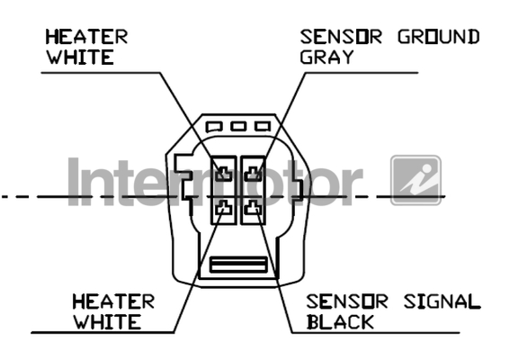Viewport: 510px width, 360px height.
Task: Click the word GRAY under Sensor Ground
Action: tap(327, 57)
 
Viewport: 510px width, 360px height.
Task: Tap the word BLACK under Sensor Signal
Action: tap(340, 322)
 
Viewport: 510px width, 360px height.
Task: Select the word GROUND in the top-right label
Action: tap(438, 37)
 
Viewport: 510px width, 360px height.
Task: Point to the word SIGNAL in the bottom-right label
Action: tap(442, 301)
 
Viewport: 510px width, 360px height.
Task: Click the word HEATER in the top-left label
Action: tap(86, 37)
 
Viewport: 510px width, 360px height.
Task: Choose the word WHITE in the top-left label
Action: tap(80, 57)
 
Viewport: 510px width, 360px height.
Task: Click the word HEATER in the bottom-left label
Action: tap(113, 301)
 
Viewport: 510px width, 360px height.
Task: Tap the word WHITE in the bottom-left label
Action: tap(107, 322)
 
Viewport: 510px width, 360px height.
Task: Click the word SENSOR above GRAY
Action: tap(341, 37)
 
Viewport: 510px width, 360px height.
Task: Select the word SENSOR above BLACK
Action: tap(347, 301)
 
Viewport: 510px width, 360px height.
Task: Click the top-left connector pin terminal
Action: tap(224, 174)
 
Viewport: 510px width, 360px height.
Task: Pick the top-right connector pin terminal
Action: tap(253, 174)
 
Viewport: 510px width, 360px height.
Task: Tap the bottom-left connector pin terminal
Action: tap(224, 208)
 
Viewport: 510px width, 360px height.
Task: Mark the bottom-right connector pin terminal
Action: tap(253, 208)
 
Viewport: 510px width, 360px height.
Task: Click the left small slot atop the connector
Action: tap(214, 127)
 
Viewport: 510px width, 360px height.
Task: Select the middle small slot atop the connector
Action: tap(238, 126)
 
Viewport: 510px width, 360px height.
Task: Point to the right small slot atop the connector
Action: tap(263, 126)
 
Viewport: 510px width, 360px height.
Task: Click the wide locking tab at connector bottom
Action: tap(238, 265)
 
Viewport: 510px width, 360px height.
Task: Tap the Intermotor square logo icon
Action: tap(416, 180)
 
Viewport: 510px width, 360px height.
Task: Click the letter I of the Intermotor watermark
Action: tap(74, 182)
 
